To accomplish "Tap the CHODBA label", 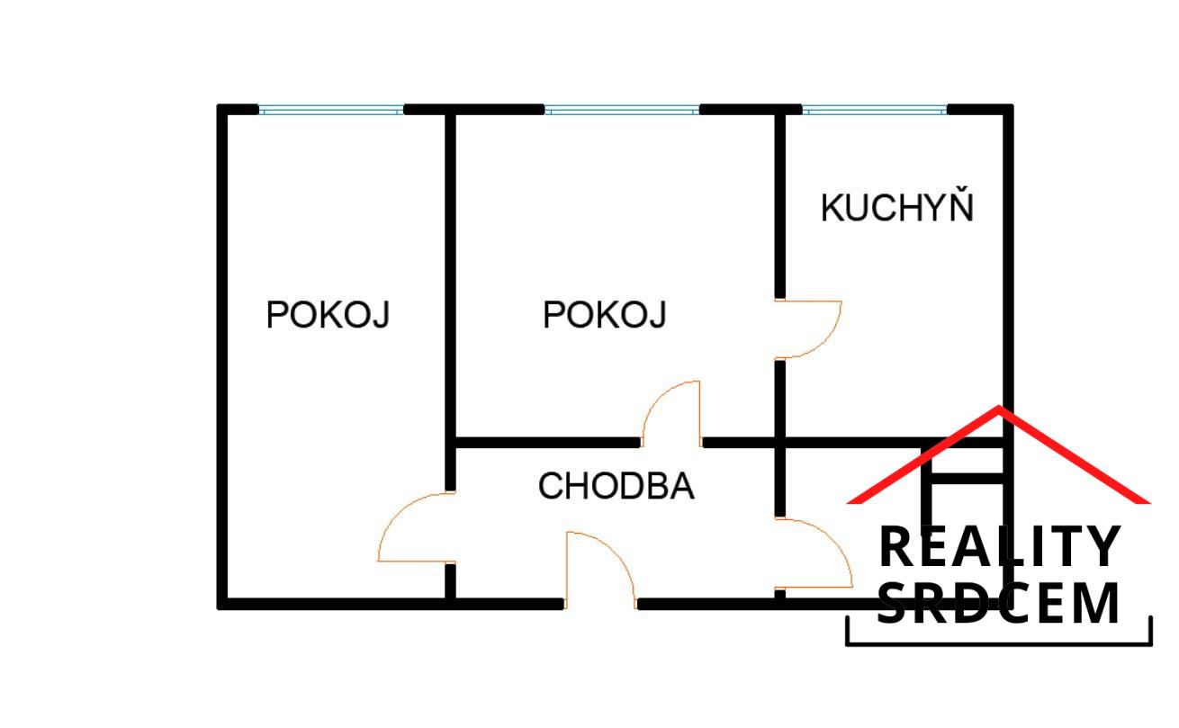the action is point(616,486).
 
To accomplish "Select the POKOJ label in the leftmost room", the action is point(328,315).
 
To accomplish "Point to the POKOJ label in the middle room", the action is point(605,315).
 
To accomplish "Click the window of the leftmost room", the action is point(331,111).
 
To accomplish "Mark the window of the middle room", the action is point(622,111).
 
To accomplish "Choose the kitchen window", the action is point(874,111).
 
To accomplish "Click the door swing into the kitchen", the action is point(808,329).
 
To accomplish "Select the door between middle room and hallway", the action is point(671,414).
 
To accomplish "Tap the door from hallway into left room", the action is point(417,527).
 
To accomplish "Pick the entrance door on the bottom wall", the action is point(600,571).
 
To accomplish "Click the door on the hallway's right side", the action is point(814,553).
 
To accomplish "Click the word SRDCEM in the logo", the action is point(998,603).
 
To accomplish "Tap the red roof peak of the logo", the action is point(998,407).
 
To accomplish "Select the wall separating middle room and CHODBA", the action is point(548,443).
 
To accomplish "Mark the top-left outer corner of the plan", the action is point(218,104).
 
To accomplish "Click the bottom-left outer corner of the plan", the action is point(218,609).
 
